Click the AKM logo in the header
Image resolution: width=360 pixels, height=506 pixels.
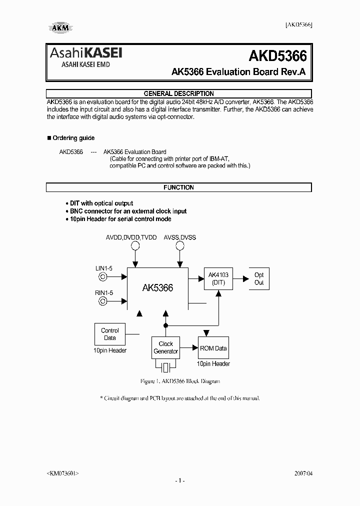[60, 28]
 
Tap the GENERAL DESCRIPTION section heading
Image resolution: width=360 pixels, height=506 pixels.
[178, 93]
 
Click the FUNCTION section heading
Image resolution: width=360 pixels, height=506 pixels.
[178, 187]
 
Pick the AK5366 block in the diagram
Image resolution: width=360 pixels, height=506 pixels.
[157, 288]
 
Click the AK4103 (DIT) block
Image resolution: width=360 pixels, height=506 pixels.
[218, 278]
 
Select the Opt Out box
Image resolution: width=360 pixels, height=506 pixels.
[259, 278]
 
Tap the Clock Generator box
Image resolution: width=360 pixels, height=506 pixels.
[165, 347]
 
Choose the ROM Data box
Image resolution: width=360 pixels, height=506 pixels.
[213, 348]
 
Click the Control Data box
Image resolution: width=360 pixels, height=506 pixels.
[109, 334]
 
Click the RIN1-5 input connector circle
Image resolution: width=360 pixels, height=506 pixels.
[103, 301]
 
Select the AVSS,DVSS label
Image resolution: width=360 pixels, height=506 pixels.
[179, 237]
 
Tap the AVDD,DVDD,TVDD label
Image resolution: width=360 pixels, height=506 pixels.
[131, 237]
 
